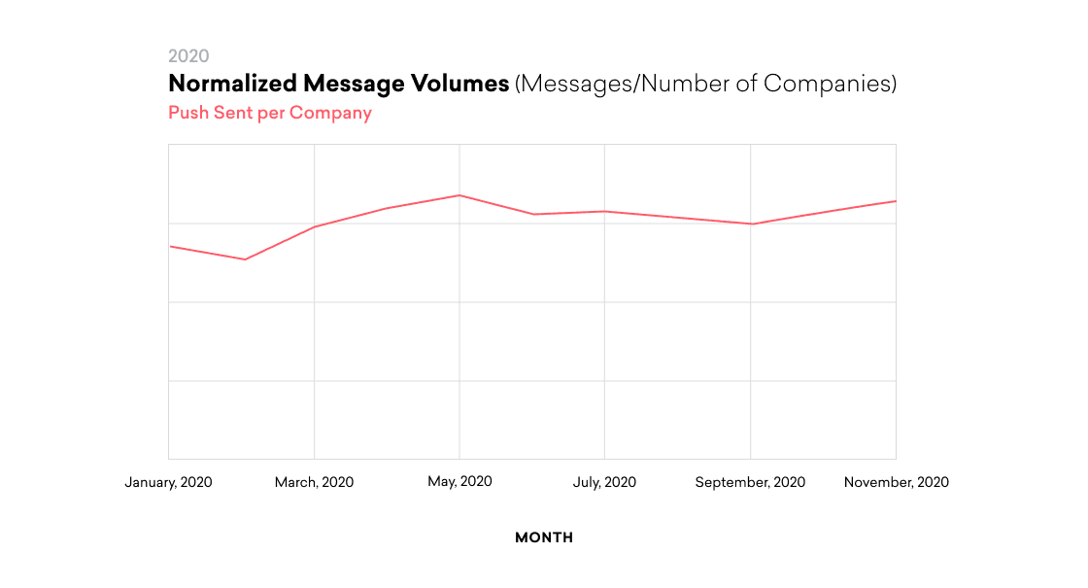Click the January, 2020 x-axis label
tap(168, 482)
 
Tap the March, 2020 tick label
tap(314, 482)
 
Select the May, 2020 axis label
tap(459, 481)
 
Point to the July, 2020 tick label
tap(604, 482)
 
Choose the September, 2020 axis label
tap(750, 482)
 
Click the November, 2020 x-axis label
tap(896, 482)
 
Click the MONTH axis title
tap(544, 537)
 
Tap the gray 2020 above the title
tap(188, 56)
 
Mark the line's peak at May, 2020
tap(459, 195)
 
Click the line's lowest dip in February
tap(245, 259)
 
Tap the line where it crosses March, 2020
tap(314, 226)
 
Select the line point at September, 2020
tap(750, 225)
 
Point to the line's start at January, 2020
tap(170, 246)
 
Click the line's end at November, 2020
tap(895, 201)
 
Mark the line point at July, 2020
tap(604, 211)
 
